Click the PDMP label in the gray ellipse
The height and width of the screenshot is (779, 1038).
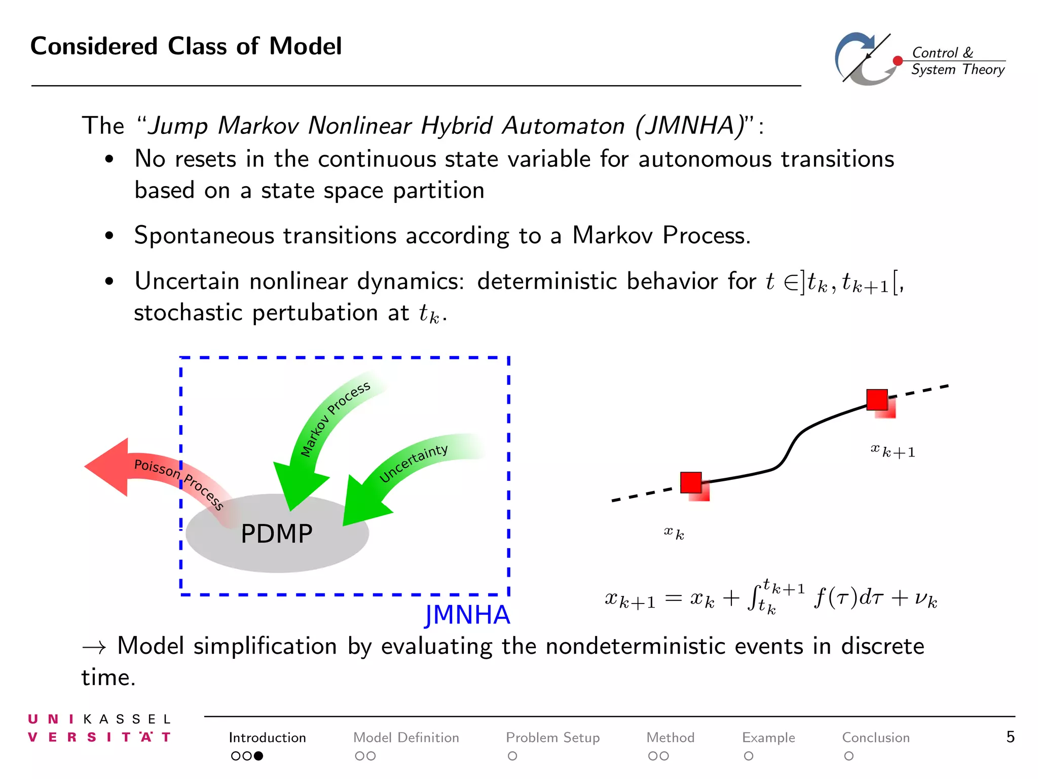[276, 534]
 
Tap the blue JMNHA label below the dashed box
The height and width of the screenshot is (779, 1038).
[467, 615]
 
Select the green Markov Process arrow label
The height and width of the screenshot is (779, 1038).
[335, 419]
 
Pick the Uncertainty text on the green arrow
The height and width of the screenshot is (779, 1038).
[414, 464]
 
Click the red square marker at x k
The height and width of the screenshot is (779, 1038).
[691, 483]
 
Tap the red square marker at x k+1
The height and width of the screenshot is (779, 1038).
[877, 400]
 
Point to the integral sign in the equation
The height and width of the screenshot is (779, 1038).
[754, 598]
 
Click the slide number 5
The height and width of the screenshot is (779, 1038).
[1010, 737]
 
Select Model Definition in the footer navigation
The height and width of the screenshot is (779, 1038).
[406, 737]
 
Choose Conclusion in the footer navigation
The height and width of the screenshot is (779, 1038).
[875, 737]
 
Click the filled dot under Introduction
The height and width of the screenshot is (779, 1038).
[258, 756]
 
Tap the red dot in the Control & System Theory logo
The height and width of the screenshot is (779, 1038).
[898, 61]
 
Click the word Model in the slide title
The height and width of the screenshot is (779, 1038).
[305, 47]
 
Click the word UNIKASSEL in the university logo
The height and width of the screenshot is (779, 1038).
[99, 719]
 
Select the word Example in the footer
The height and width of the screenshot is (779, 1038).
[768, 737]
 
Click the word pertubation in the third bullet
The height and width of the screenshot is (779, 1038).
[315, 313]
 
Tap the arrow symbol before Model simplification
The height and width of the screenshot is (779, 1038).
[94, 647]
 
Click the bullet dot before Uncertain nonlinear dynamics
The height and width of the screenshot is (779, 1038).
[109, 281]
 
